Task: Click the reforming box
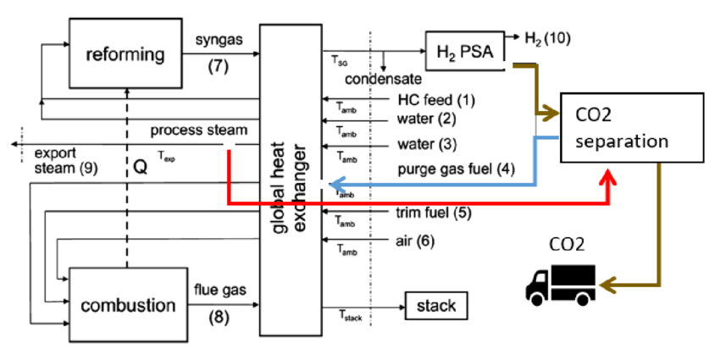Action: point(124,54)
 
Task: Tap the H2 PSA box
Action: point(465,52)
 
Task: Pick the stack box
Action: point(435,306)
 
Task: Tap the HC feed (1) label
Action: point(436,100)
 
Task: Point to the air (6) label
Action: point(415,241)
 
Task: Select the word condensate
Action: point(383,79)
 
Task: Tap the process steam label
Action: point(199,130)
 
